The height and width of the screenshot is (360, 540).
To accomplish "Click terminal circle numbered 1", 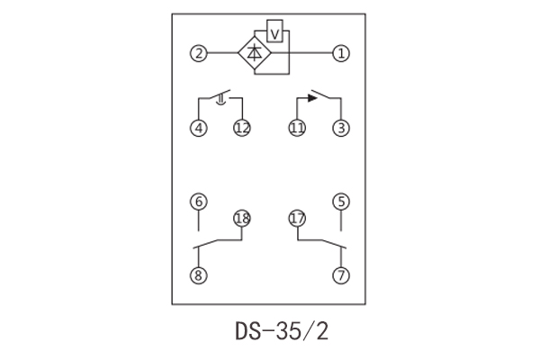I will (x=340, y=54).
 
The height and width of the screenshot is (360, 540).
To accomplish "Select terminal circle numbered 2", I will (x=198, y=54).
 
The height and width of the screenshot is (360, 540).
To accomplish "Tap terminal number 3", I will (x=340, y=128).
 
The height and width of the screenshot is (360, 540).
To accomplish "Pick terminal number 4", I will (x=198, y=128).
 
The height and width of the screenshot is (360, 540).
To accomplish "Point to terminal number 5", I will (x=340, y=201).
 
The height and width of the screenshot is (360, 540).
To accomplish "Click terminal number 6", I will (x=198, y=201).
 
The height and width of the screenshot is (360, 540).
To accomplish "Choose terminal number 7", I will (x=340, y=275).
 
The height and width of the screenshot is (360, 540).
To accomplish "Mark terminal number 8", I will (x=198, y=275).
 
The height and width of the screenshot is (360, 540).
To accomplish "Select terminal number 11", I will (x=297, y=128).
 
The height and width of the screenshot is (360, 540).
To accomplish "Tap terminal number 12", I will (x=241, y=128).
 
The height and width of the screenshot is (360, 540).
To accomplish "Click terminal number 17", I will (x=297, y=218).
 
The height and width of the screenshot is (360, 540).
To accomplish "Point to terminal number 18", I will (x=241, y=218).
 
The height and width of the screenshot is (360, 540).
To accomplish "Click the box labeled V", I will (x=277, y=33).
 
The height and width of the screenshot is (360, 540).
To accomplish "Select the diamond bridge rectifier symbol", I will (x=255, y=54).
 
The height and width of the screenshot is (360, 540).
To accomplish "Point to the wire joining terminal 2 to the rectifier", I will (x=221, y=54).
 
